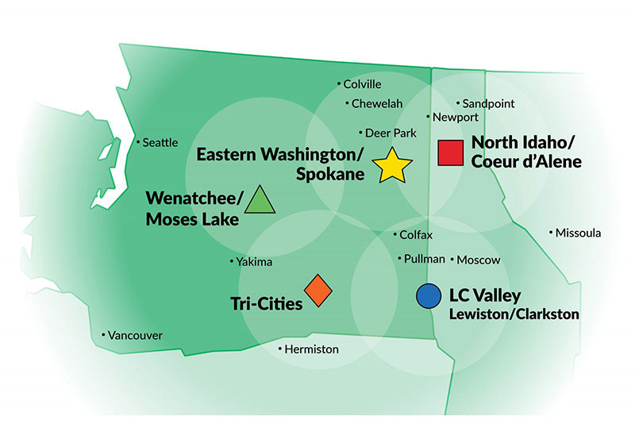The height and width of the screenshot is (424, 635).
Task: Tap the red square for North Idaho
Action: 451,152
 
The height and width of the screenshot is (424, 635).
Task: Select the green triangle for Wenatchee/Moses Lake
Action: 260,201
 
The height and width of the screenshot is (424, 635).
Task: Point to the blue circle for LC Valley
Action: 428,296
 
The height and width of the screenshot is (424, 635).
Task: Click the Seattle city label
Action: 160,142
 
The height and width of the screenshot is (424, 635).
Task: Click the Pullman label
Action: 424,259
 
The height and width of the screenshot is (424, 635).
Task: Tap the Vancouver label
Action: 134,336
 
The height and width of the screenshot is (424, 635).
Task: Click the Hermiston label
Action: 310,349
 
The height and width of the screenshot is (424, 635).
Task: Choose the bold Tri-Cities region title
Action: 267,303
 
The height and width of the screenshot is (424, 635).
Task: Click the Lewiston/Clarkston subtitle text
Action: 514,314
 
